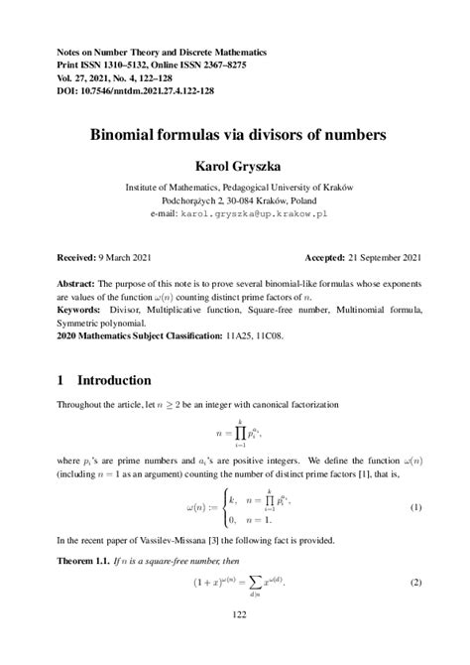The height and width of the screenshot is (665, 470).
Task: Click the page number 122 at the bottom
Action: click(x=234, y=642)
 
